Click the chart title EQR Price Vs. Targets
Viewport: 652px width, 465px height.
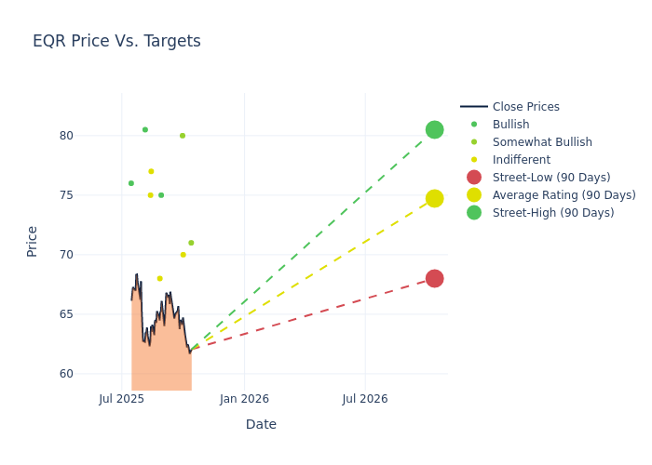(x=116, y=41)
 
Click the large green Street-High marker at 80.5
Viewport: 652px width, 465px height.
(x=434, y=129)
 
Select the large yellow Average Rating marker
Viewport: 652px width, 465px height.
(x=434, y=198)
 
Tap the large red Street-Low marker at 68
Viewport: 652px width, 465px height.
(x=434, y=278)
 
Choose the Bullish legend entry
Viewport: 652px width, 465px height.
(x=510, y=125)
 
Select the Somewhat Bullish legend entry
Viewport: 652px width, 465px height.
(x=542, y=142)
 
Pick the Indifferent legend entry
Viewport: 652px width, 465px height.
(x=521, y=160)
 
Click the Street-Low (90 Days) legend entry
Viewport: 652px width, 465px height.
(x=550, y=178)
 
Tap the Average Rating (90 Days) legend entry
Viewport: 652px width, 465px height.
(x=564, y=195)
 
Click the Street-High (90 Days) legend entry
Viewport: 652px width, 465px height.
(x=552, y=213)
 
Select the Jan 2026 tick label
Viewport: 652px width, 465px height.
(x=244, y=399)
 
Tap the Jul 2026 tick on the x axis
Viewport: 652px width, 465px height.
(x=365, y=399)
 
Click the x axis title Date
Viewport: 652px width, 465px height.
(x=261, y=424)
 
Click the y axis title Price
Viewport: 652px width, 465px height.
(x=33, y=241)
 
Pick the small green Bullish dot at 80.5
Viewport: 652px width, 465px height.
(x=144, y=129)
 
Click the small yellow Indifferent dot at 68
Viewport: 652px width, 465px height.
(x=159, y=278)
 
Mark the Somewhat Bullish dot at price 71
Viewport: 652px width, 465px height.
(x=191, y=243)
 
